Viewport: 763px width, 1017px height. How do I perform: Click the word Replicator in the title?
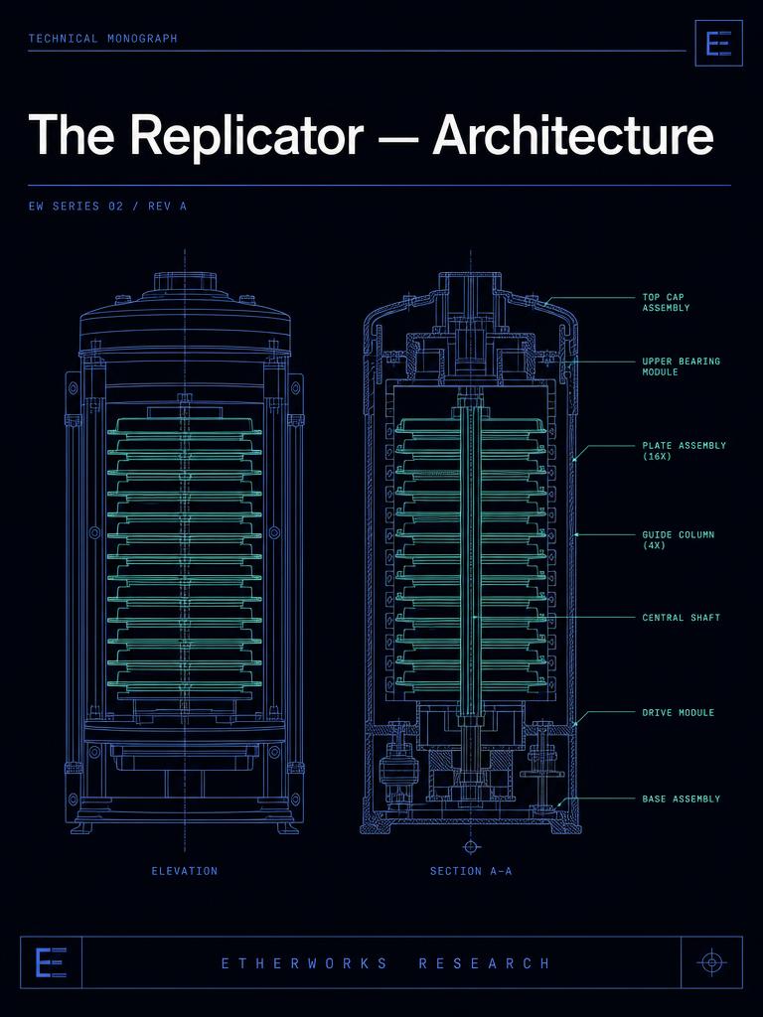pos(246,136)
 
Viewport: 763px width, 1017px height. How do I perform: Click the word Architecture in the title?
pos(573,134)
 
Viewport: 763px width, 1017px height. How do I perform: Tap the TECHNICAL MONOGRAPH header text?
pos(102,39)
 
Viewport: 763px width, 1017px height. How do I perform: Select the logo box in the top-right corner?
pos(718,43)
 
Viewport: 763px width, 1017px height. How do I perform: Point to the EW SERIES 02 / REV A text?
pos(107,207)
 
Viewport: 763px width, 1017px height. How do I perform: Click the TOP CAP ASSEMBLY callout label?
pos(666,302)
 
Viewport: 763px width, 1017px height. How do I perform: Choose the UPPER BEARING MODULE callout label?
pos(682,366)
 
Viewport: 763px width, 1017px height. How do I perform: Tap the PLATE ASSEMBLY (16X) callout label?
pos(684,451)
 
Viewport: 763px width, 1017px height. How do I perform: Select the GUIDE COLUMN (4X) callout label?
pos(678,539)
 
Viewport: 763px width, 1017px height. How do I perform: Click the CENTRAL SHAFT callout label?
pos(682,618)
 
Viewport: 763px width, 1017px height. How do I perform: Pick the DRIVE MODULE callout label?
pos(678,712)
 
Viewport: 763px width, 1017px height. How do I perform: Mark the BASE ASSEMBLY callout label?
pos(682,799)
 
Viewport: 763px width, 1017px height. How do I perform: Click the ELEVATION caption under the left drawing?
pos(184,870)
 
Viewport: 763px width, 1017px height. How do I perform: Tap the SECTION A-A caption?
pos(470,870)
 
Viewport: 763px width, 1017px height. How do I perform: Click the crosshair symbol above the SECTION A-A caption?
pos(471,846)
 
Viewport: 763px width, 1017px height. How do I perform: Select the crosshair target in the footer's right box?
pos(711,961)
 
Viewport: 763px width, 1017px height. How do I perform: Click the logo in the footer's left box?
pos(51,962)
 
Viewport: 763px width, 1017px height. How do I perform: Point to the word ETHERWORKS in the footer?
pos(304,963)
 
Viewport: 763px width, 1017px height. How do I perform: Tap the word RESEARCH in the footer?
pos(484,963)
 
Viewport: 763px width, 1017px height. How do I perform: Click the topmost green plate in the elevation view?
pos(184,425)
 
